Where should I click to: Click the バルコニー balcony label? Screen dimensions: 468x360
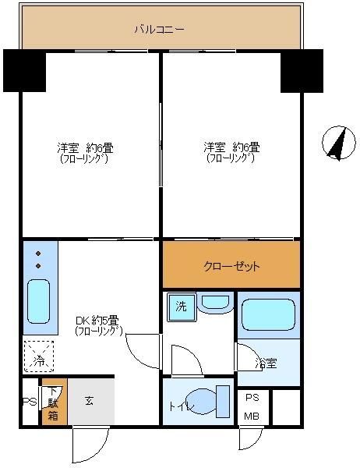(159, 30)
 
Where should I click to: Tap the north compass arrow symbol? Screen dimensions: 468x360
(336, 143)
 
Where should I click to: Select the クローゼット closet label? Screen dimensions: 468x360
(231, 266)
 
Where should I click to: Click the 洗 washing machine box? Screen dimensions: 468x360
(180, 307)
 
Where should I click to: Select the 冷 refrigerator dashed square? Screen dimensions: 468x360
(39, 358)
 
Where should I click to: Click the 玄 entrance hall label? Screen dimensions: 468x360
(89, 401)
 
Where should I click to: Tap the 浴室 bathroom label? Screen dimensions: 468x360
(266, 363)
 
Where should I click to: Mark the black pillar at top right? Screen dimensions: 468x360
(302, 70)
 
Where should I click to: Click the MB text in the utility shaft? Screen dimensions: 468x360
(252, 416)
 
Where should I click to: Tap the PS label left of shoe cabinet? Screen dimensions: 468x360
(28, 402)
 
